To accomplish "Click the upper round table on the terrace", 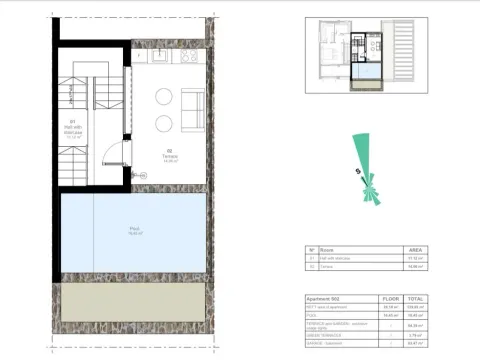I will pyautogui.click(x=163, y=97).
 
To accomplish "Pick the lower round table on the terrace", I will pyautogui.click(x=163, y=124).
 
